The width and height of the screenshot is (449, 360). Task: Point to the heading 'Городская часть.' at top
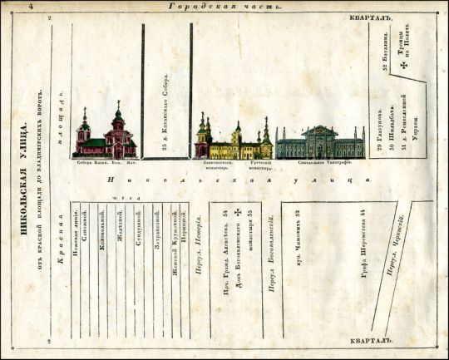point(224,6)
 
